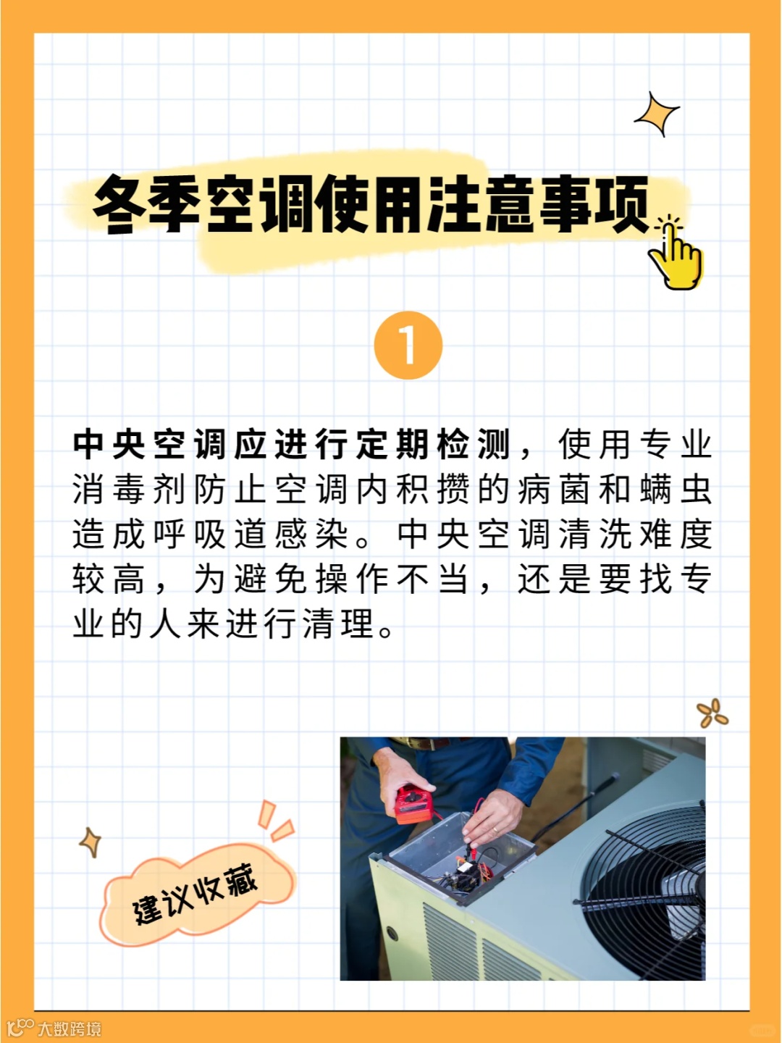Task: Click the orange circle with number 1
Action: coord(408,345)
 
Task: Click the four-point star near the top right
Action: coord(657,114)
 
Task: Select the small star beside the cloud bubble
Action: coord(91,842)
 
